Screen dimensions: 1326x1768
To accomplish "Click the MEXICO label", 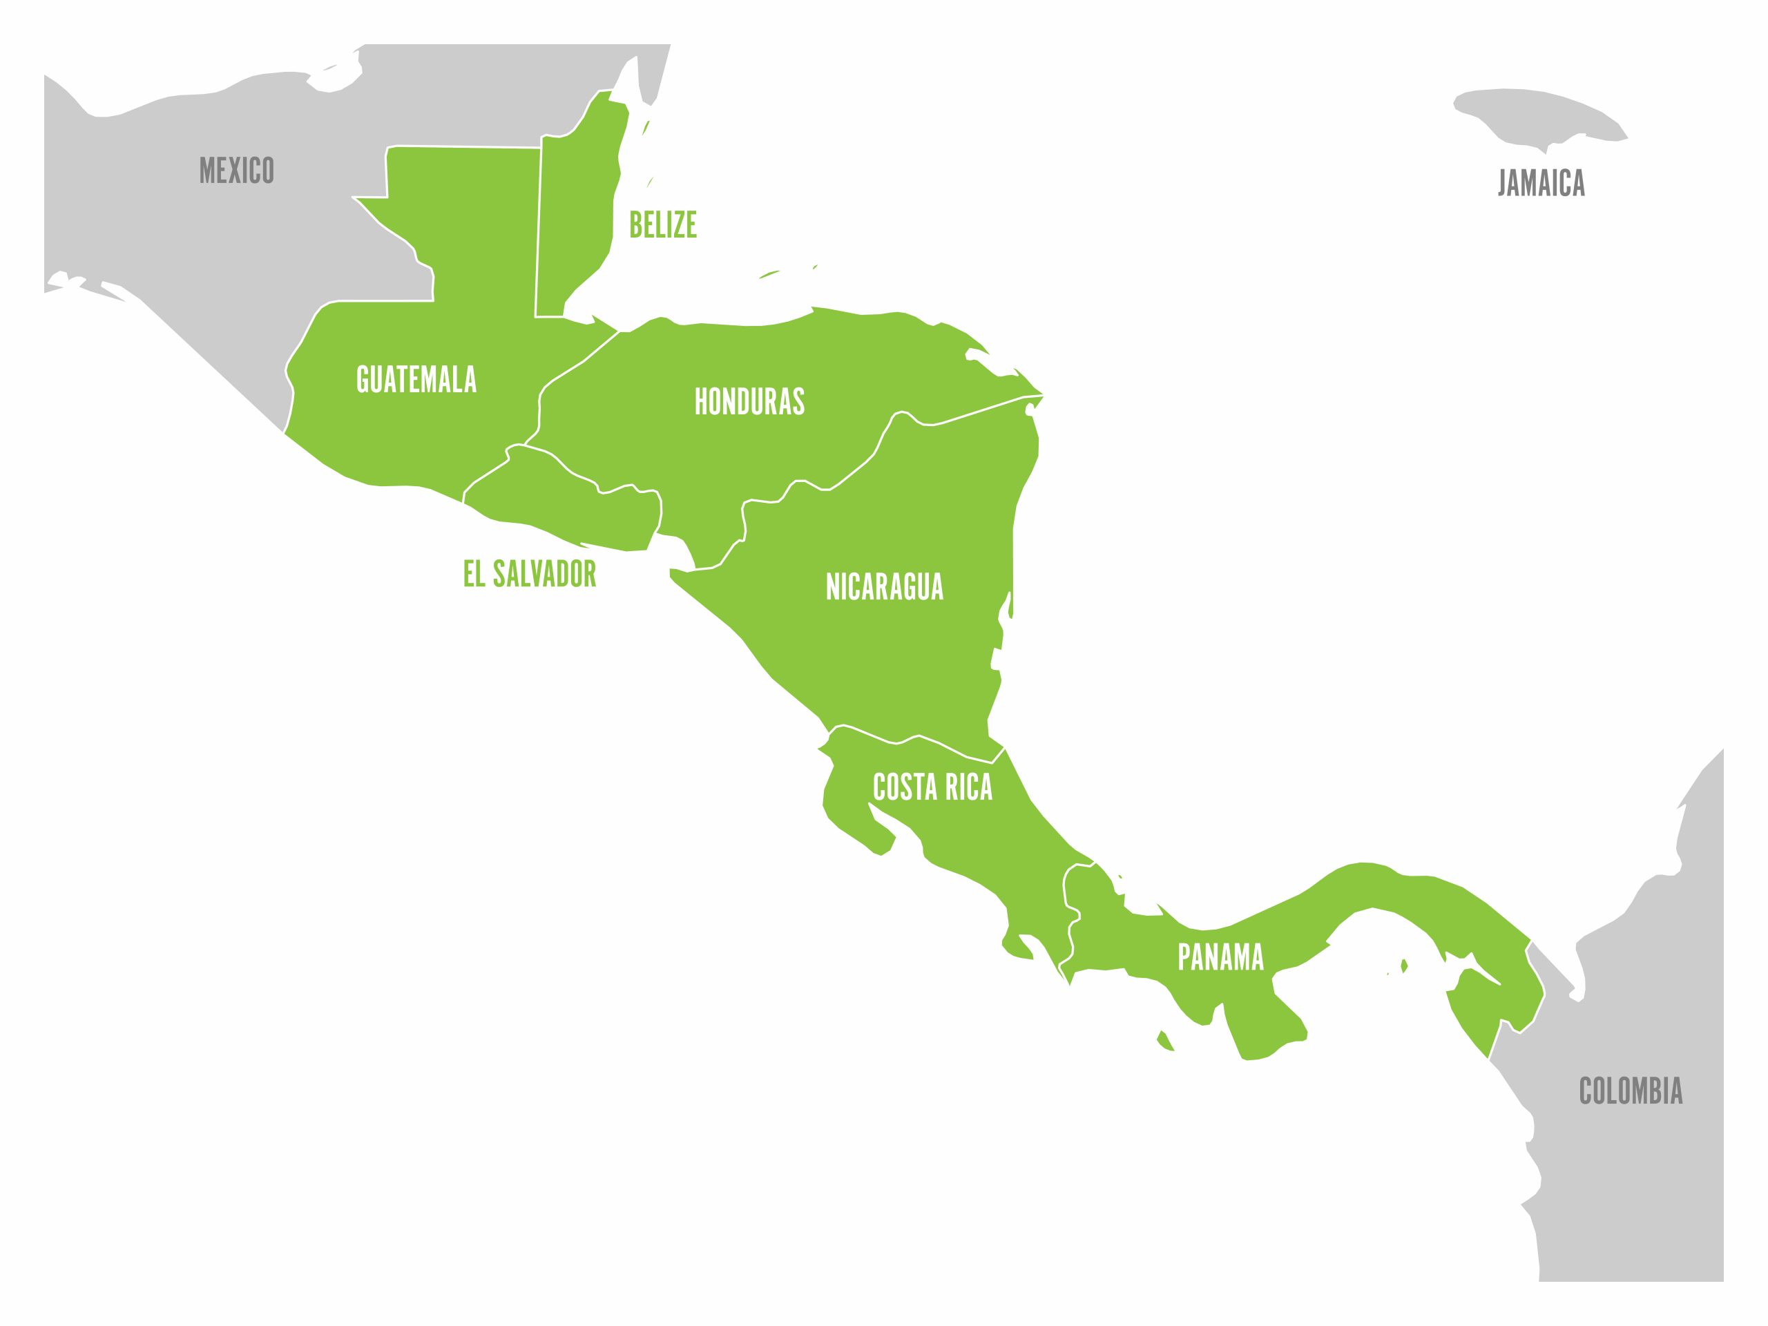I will (x=237, y=171).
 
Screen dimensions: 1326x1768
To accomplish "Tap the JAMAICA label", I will (x=1540, y=183).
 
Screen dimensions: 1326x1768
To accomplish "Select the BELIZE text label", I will (x=662, y=224).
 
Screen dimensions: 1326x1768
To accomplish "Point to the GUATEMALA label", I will (x=416, y=380).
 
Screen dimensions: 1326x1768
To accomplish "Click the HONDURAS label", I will (x=749, y=401).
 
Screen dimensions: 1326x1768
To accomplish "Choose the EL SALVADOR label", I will (x=530, y=574).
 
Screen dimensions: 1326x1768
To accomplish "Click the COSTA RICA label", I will (x=932, y=787).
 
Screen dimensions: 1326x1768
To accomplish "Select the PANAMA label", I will (x=1220, y=957).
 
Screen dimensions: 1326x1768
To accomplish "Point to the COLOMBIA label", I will (x=1631, y=1091).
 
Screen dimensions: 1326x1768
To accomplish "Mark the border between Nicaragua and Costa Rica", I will (x=919, y=736).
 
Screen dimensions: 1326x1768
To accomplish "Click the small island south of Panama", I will (x=1164, y=1041).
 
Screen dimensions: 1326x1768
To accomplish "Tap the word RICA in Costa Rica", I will (x=969, y=787).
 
